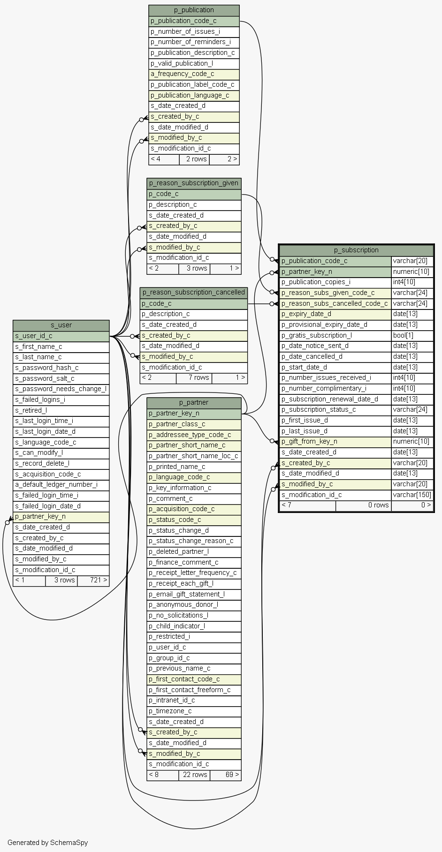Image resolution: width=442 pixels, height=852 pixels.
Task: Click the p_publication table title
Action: (194, 10)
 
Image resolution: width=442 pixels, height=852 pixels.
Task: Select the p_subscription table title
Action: (356, 250)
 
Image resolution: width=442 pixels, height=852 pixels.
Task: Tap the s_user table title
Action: (61, 325)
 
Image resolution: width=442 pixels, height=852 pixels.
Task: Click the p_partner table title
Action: (194, 402)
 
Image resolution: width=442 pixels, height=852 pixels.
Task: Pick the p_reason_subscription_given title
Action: (194, 183)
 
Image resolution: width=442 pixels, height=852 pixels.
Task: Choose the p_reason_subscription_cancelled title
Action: (194, 292)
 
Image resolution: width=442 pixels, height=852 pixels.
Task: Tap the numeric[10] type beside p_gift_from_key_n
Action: (412, 441)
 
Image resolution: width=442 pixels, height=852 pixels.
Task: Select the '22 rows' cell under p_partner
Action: (194, 774)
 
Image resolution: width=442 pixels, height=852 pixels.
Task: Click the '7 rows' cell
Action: (194, 377)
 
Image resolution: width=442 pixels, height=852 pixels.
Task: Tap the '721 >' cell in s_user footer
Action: (93, 580)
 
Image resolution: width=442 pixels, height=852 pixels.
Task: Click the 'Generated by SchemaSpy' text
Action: (47, 842)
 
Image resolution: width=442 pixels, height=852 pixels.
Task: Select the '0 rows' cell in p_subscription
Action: (364, 505)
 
